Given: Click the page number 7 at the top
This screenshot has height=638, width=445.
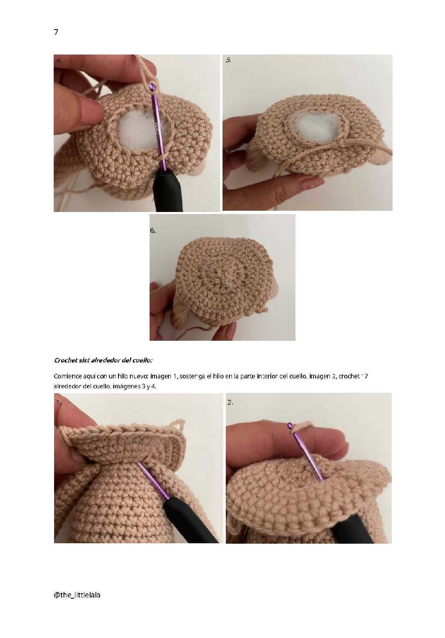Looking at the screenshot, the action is point(56,32).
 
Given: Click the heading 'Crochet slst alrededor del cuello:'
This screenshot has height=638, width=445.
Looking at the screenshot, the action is point(103,360).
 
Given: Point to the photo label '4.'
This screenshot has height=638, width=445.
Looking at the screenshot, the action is point(59,60).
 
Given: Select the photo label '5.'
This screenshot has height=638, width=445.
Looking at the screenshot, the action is point(228,60).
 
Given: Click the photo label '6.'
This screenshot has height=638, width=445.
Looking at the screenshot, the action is point(153,230).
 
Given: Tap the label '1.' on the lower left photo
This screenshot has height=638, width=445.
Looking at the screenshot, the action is point(59,403).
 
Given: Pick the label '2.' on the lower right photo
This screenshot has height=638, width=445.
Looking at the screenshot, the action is point(230,402).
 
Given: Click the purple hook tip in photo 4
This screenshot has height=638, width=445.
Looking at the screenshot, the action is point(152,86).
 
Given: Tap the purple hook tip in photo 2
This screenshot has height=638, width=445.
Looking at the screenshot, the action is point(290,426).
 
